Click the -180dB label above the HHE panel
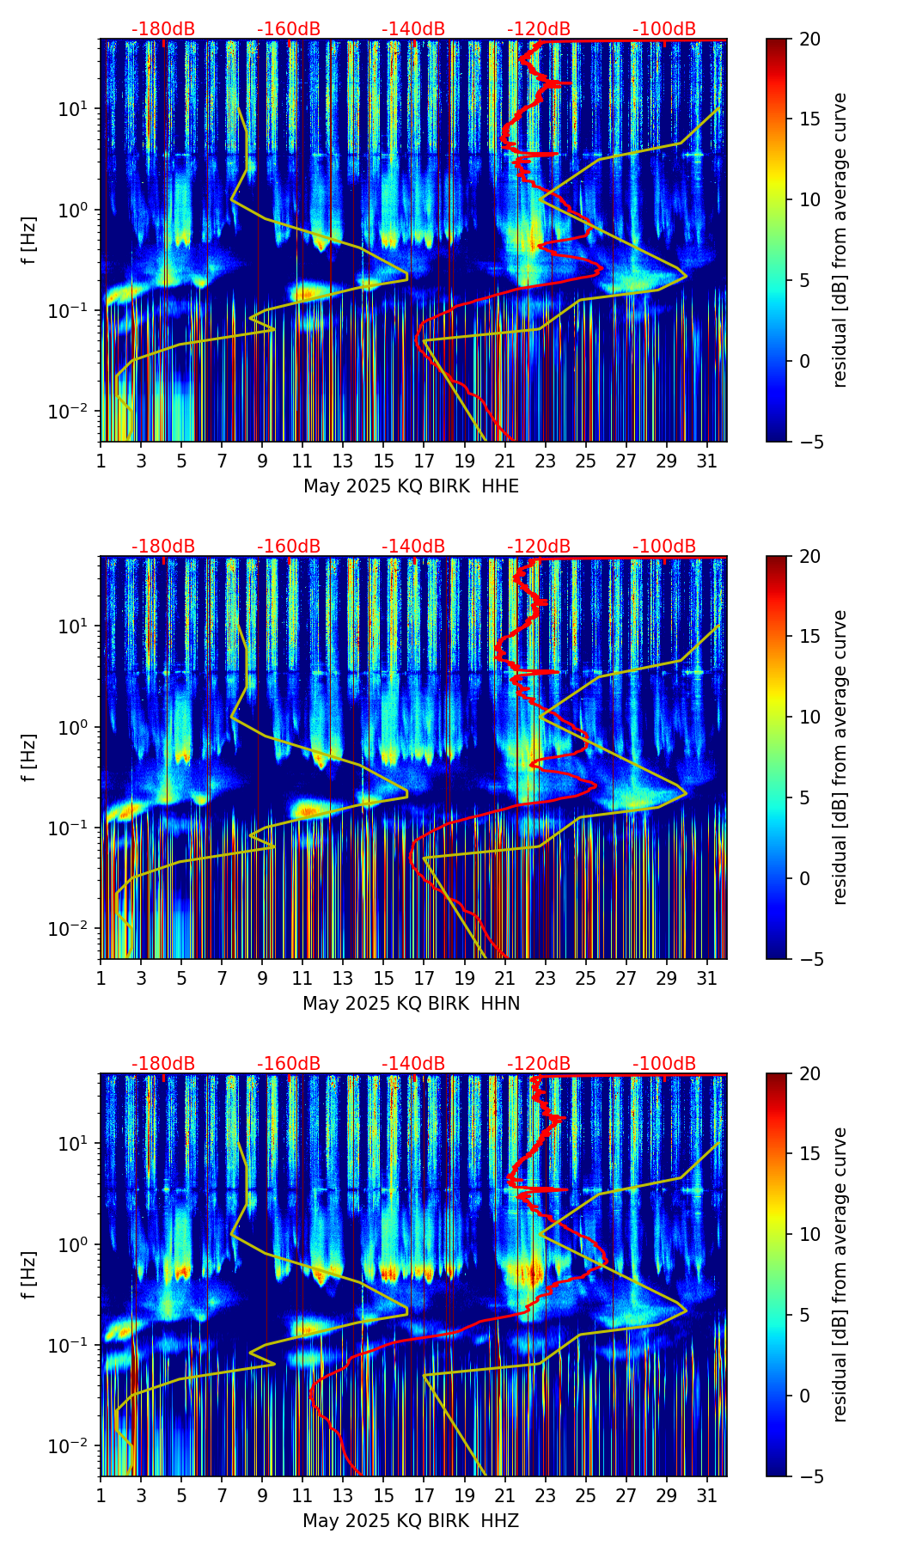coord(163,29)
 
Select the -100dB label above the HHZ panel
coord(664,1064)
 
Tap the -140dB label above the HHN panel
coord(413,547)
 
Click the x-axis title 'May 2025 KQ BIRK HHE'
coord(411,486)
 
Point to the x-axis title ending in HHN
coord(411,1004)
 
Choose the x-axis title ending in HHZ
coord(411,1521)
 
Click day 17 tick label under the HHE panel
coord(424,461)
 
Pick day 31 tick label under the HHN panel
coord(707,978)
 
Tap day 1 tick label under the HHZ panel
coord(101,1495)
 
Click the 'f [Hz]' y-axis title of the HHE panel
coord(30,240)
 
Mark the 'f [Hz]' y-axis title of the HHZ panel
coord(30,1274)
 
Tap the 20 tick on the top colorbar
coord(809,40)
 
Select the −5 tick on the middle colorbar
coord(809,959)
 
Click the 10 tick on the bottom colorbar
coord(809,1235)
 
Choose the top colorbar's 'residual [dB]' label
coord(840,240)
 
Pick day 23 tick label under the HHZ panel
coord(545,1495)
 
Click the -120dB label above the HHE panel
coord(539,29)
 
